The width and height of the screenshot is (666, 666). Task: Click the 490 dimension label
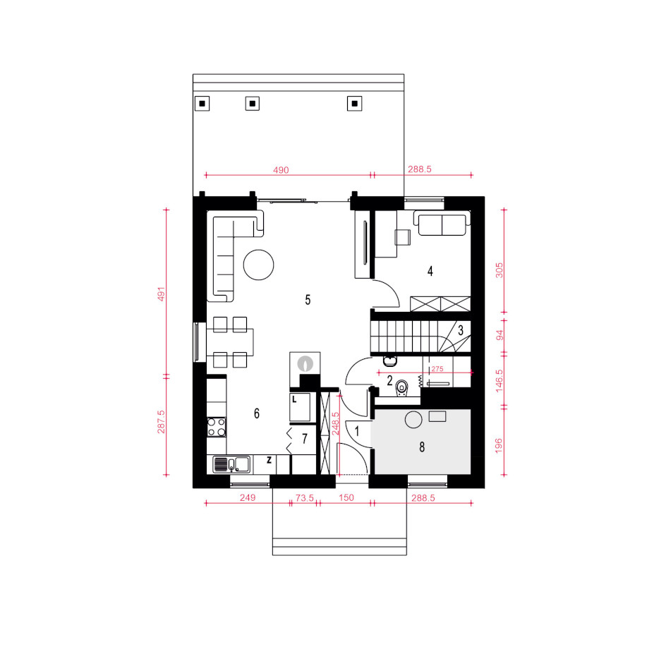coord(281,170)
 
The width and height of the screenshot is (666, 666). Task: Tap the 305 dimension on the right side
coord(499,270)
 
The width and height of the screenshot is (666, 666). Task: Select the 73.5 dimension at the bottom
coord(305,497)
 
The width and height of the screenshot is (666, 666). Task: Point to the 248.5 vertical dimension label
coord(336,423)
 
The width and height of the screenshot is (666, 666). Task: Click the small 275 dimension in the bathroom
coord(437,369)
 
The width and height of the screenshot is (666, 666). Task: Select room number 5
coord(308,300)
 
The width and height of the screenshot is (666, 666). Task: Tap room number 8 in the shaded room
coord(422,447)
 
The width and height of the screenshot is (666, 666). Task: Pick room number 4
coord(430,271)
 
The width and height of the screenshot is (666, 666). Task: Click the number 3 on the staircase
coord(461,330)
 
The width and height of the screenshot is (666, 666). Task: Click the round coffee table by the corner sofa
coord(258,265)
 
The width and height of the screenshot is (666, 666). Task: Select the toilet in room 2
coord(401,388)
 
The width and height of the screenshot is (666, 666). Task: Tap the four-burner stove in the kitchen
coord(217,428)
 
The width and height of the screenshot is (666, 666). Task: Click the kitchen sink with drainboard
coord(231,465)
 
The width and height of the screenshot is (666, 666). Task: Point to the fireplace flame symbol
coord(305,363)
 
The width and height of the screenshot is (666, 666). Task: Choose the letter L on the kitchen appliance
coord(294,400)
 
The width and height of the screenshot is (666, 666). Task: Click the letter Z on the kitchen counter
coord(269,459)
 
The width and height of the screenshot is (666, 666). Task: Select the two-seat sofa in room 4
coord(442,224)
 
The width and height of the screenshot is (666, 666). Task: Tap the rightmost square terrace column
coord(355,103)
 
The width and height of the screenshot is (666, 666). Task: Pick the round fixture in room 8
coord(413,420)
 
